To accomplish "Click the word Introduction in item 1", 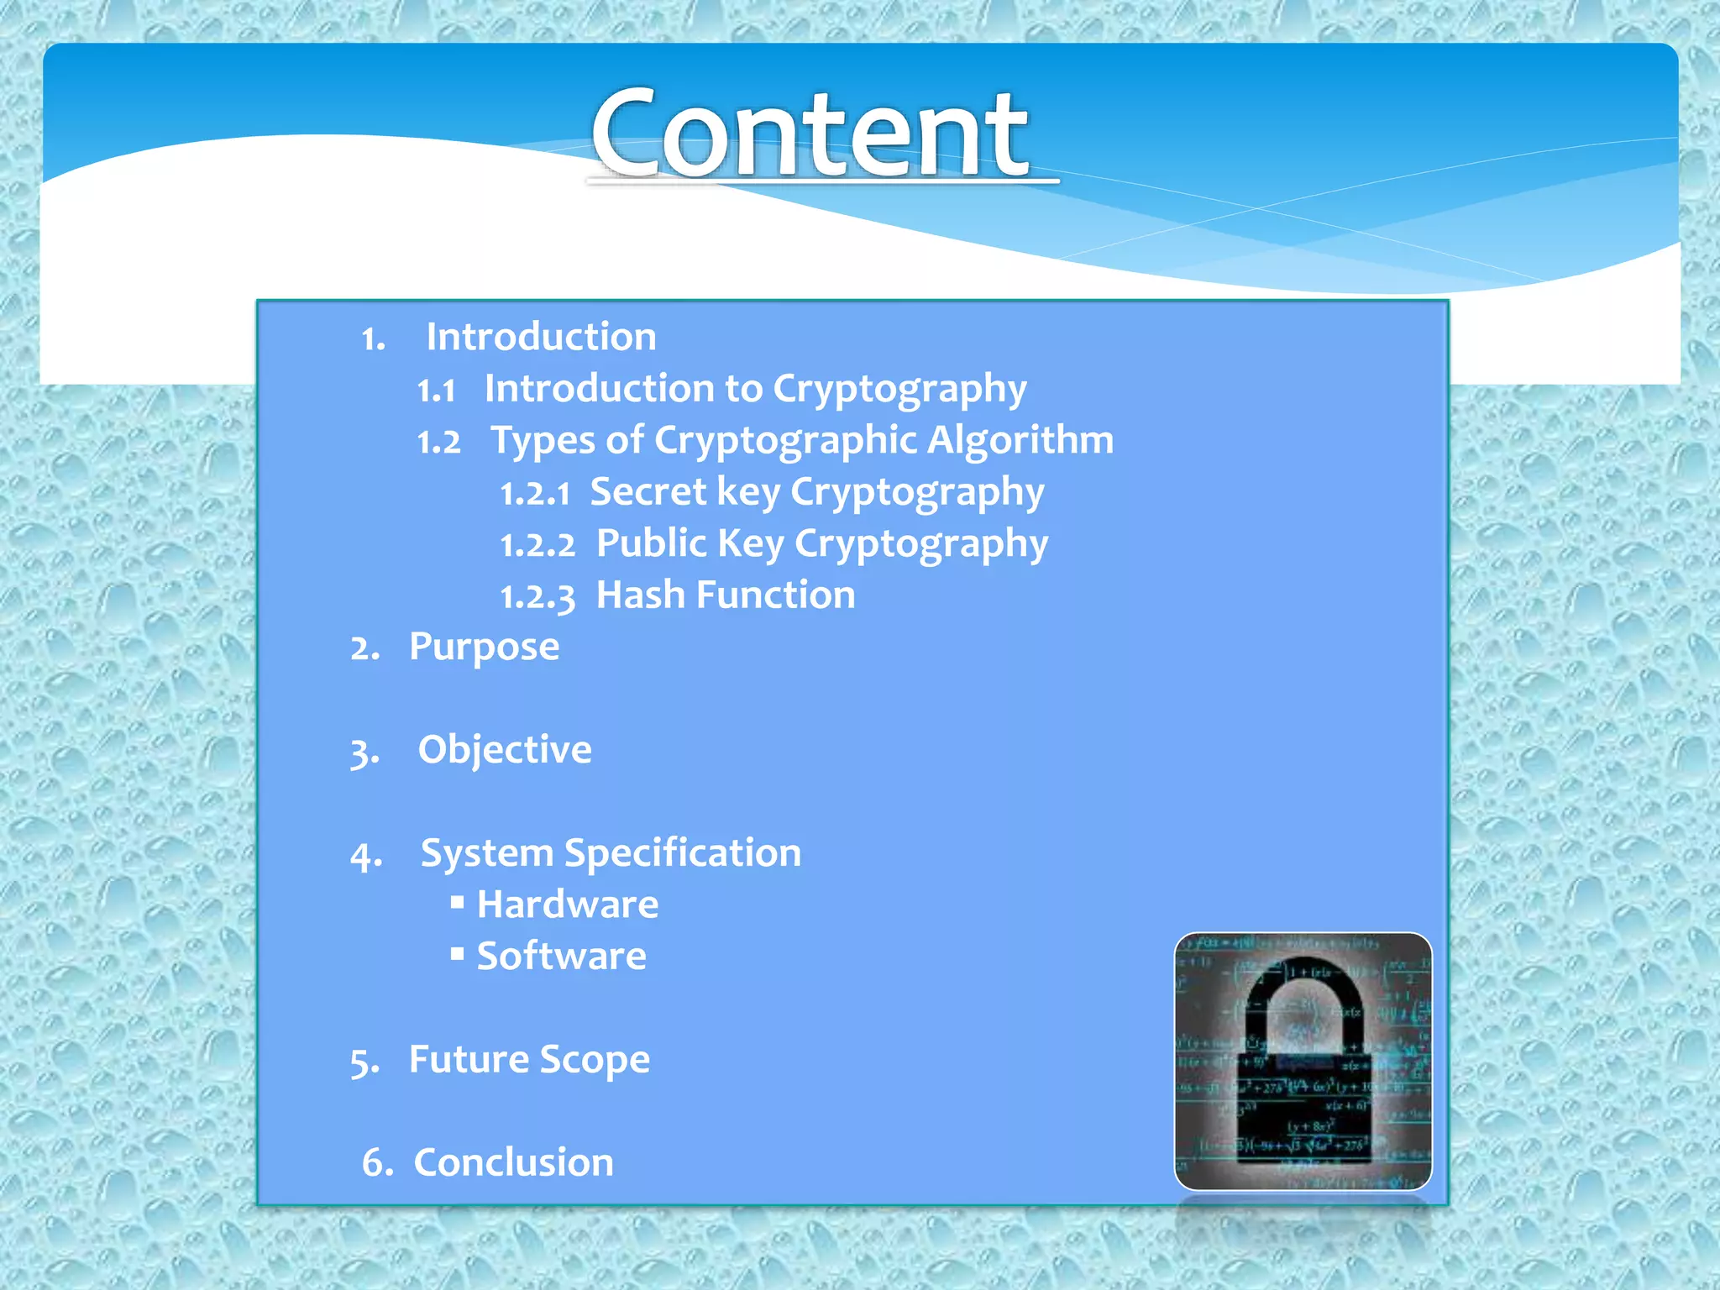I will (541, 337).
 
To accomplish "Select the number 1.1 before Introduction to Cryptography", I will (437, 390).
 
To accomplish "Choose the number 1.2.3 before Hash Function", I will (537, 596).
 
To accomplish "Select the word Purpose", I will (484, 648).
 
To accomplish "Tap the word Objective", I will (505, 750).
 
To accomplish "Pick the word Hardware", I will (568, 905).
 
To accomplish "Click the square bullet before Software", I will (457, 953).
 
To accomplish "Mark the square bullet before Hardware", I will (457, 902).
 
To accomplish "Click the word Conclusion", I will (513, 1163).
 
